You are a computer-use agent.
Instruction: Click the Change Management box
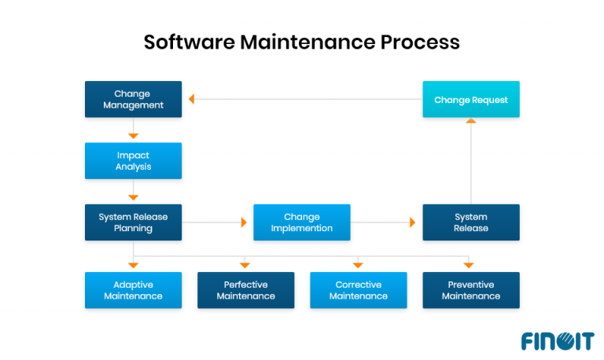[133, 99]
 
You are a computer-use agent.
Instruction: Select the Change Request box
[471, 99]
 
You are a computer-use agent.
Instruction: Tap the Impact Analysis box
[133, 160]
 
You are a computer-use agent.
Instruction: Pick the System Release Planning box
[133, 222]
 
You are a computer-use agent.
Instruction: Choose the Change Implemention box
[302, 222]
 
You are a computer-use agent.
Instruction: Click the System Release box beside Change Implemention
[471, 222]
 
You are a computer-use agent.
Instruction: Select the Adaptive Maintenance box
[133, 290]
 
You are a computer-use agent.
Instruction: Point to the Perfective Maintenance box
[245, 290]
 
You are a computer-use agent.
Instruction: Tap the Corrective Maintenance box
[359, 290]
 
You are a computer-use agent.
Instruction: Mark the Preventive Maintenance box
[471, 290]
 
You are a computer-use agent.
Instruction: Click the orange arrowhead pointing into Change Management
[191, 100]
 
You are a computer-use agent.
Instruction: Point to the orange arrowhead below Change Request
[471, 121]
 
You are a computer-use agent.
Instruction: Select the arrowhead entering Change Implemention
[244, 222]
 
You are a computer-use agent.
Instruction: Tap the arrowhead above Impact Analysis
[134, 136]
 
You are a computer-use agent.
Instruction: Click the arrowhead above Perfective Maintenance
[245, 265]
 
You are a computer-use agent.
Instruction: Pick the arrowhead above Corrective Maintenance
[359, 265]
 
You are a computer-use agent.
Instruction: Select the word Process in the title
[420, 42]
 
